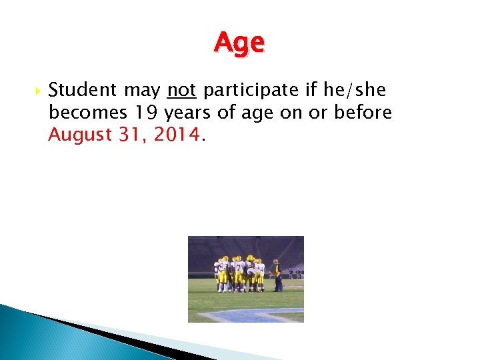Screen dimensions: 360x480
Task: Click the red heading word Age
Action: click(x=239, y=43)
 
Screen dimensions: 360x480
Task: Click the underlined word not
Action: click(x=181, y=90)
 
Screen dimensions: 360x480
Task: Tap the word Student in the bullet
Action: click(x=82, y=90)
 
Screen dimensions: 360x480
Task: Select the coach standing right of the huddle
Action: click(x=276, y=275)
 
